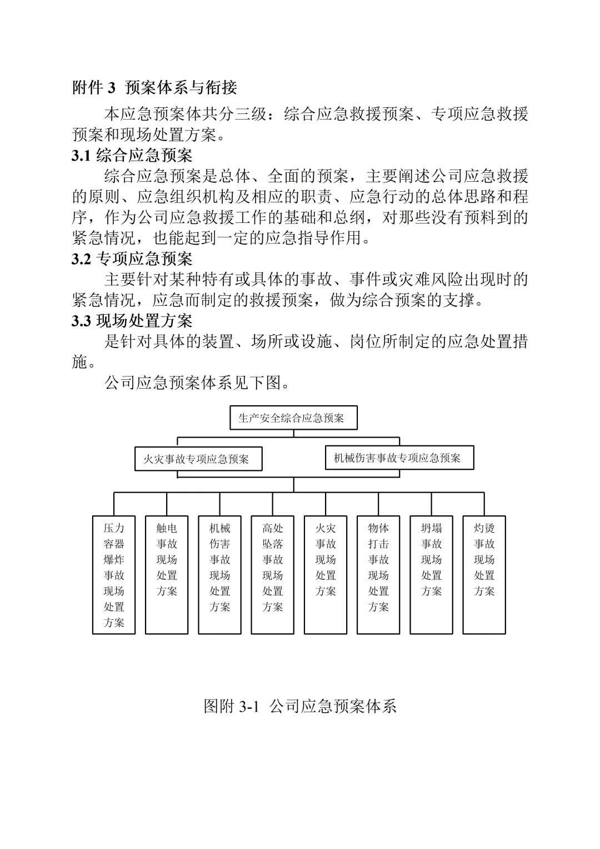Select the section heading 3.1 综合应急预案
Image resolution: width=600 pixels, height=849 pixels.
coord(132,155)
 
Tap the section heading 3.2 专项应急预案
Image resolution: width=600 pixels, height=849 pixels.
coord(132,259)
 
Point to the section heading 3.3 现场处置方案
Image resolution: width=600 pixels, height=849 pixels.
coord(132,321)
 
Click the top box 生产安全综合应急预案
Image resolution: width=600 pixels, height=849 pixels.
coord(293,418)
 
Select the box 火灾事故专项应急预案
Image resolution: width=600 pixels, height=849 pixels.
coord(198,459)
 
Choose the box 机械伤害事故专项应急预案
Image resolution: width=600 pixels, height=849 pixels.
coord(399,458)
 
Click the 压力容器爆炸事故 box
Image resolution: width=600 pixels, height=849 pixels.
coord(114,575)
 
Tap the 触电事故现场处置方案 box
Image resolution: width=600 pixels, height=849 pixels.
coord(167,575)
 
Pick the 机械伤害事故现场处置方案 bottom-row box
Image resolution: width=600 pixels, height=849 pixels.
coord(219,575)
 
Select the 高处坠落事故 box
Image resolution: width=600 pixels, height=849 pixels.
coord(272,575)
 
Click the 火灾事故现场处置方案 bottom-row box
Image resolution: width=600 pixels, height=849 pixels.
coord(326,575)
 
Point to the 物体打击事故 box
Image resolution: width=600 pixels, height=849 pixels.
coord(378,575)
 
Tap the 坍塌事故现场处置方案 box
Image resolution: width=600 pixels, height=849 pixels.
coord(431,575)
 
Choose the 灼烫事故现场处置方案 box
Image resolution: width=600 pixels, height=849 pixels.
coord(484,575)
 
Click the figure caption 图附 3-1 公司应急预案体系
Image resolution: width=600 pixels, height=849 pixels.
coord(300,706)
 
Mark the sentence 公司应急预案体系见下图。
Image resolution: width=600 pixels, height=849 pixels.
coord(197,383)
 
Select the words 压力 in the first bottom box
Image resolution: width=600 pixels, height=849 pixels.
coord(114,528)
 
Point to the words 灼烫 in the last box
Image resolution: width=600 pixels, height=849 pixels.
coord(484,528)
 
